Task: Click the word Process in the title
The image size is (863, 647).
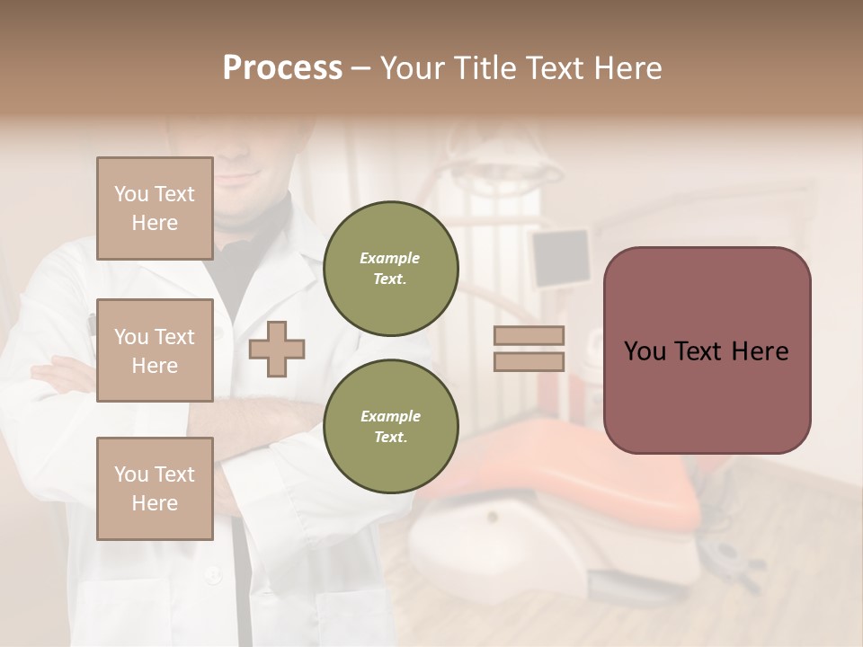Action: tap(282, 67)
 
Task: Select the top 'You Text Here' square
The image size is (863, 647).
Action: tap(155, 208)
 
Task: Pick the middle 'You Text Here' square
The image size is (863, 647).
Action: tap(155, 350)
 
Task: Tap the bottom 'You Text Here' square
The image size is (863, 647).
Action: tap(155, 489)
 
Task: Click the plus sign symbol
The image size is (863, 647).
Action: tap(277, 350)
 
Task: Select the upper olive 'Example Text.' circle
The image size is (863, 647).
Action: tap(390, 269)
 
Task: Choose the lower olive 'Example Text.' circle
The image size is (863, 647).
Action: tap(390, 426)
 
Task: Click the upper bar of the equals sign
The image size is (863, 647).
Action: tap(529, 336)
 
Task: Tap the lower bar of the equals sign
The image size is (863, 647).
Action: tap(529, 361)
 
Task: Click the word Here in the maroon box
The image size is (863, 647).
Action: tap(760, 351)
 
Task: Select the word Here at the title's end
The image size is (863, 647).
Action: tap(629, 68)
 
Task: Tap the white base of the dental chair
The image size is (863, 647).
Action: tap(476, 539)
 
